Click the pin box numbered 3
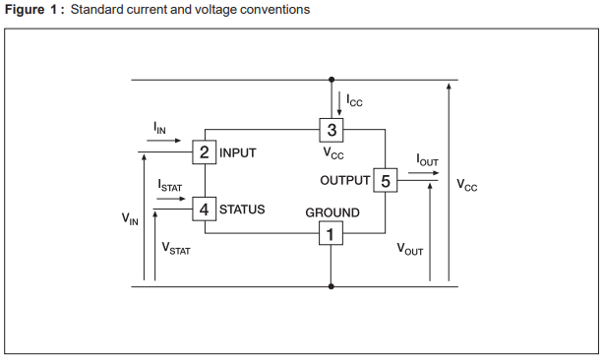pos(332,130)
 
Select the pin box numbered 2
pos(204,152)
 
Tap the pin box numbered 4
pos(204,210)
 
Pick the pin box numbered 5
pos(385,181)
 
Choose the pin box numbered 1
pos(331,234)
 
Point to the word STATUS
pos(242,210)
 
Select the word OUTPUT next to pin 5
pos(344,181)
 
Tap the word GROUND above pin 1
pos(332,212)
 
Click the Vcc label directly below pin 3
pos(332,153)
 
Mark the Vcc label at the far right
pos(466,184)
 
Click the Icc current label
pos(354,101)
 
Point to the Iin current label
pos(159,129)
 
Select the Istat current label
pos(169,184)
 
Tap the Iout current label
pos(427,159)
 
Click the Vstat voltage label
pos(176,249)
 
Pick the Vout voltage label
pos(410,249)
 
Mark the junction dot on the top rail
pos(332,80)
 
